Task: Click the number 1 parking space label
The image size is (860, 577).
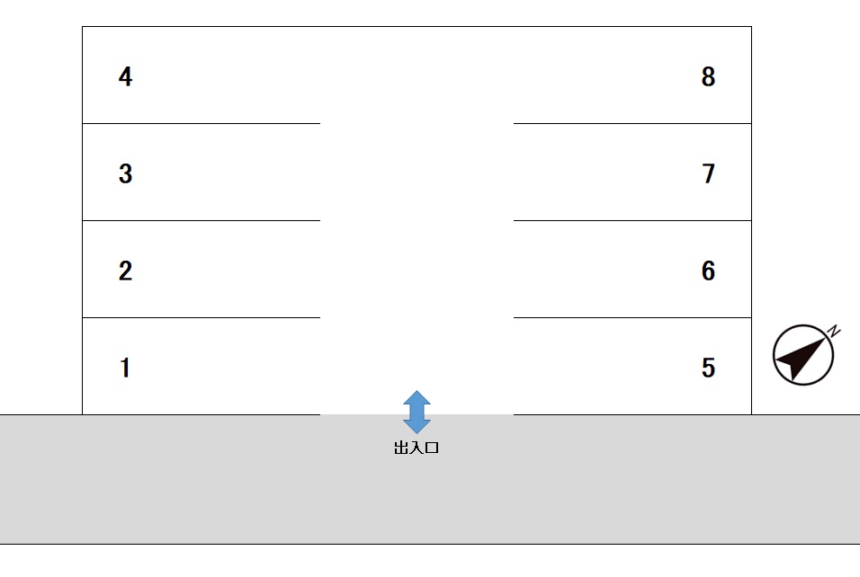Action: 125,368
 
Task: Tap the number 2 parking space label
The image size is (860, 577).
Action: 125,271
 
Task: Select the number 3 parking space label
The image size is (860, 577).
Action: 125,173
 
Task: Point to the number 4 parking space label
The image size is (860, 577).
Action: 125,76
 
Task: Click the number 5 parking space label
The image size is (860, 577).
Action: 708,368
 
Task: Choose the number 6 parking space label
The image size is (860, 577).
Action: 708,271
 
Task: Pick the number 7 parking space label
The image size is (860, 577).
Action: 708,173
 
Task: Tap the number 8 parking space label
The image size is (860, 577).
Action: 708,76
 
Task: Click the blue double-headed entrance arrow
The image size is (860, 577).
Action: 417,412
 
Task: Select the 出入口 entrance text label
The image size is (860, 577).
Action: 417,448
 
